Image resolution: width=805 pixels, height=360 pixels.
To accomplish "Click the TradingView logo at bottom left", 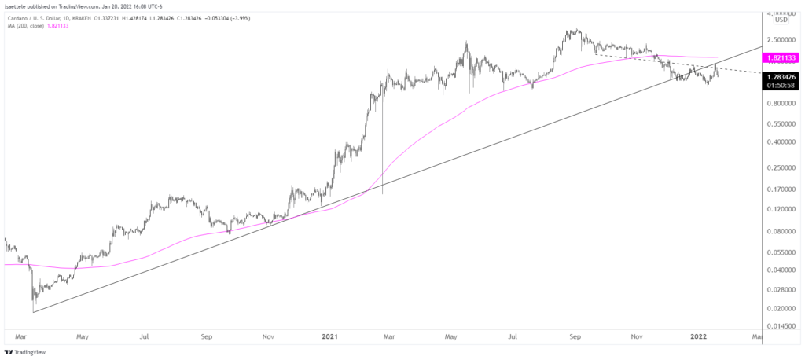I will (x=26, y=352).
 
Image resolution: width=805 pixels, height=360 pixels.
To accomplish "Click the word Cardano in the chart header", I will (x=17, y=16).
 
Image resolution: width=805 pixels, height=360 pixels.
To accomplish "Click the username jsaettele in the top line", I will (x=17, y=5).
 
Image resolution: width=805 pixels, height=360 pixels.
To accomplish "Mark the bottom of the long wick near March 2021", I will (x=383, y=194).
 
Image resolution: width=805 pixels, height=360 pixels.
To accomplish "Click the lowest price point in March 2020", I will (x=33, y=312).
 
